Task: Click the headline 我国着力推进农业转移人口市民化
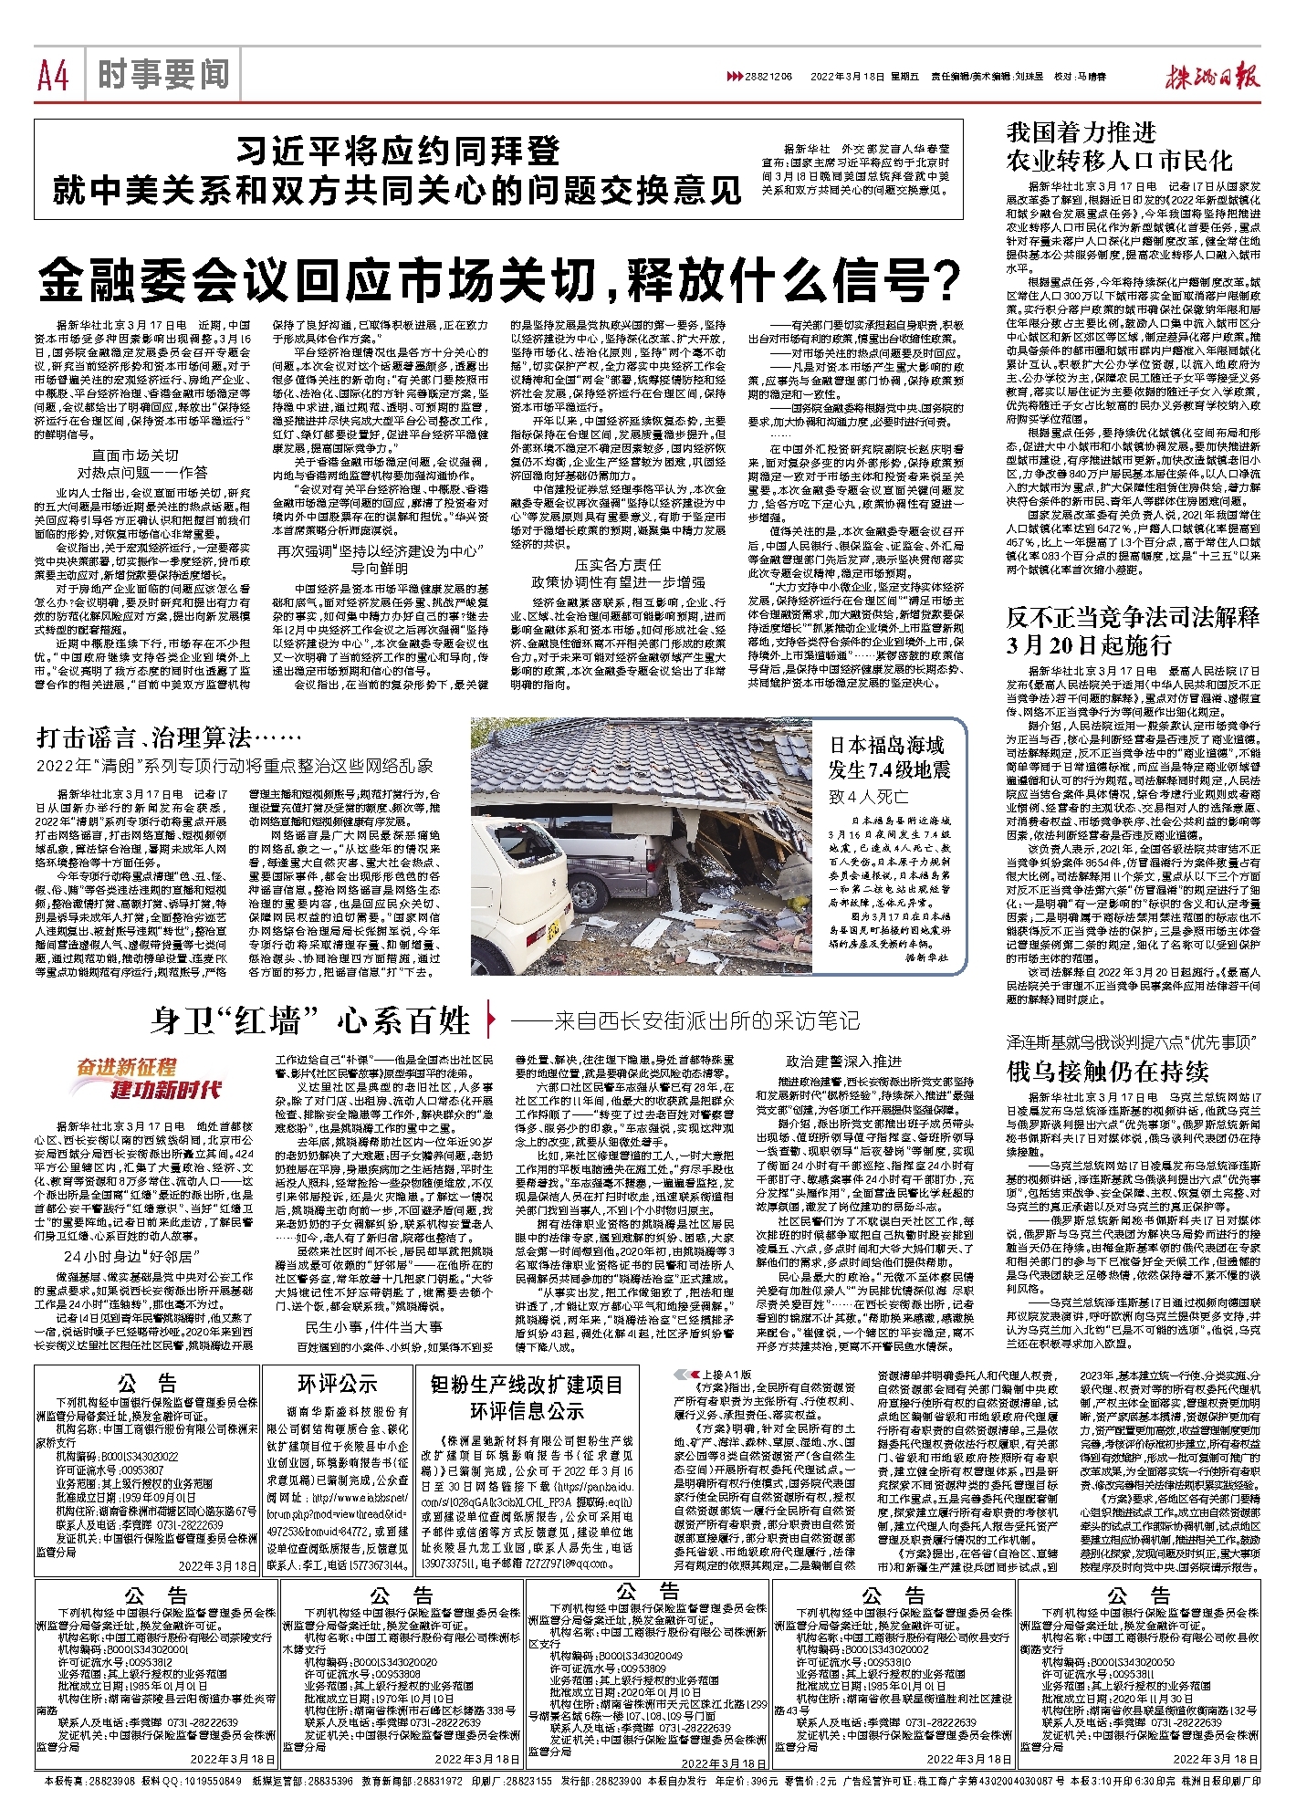tap(1119, 147)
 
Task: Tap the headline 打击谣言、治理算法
tap(161, 737)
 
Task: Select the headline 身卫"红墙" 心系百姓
tap(310, 1020)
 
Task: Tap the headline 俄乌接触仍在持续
tap(1107, 1071)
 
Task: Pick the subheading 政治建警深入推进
tap(843, 1062)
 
